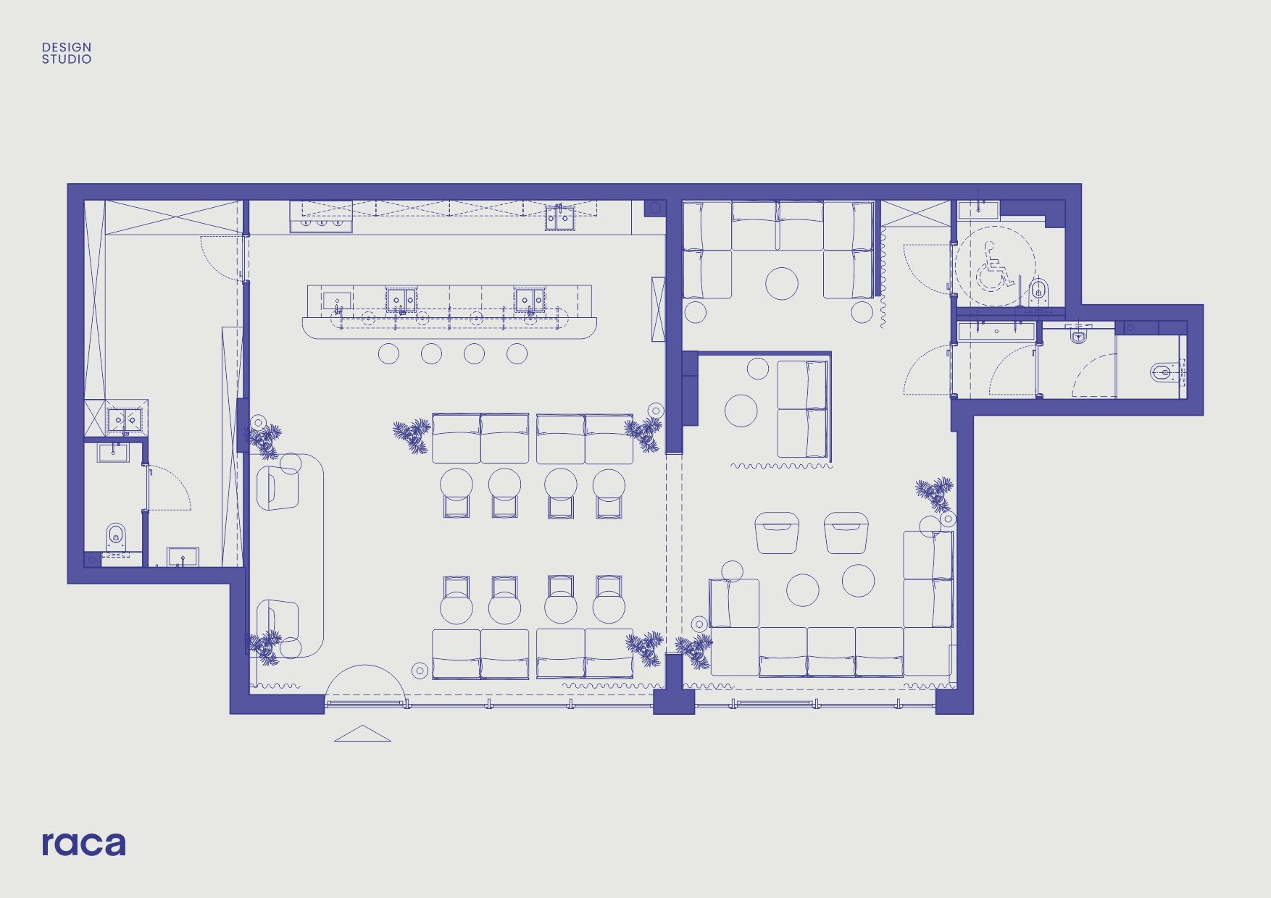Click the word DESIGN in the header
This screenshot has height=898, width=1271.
67,47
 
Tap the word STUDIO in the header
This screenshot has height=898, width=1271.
67,59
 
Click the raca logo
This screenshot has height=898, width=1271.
83,844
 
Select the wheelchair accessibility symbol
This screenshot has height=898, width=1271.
994,266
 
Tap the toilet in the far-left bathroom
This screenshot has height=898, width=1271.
116,537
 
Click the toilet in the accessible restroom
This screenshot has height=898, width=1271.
1039,290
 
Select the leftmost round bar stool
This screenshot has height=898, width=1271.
389,353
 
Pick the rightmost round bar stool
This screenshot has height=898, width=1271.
517,353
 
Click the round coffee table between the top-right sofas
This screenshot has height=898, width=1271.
782,283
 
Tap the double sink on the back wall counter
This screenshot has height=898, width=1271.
559,217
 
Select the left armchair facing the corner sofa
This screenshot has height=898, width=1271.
777,533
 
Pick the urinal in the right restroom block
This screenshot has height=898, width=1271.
1078,335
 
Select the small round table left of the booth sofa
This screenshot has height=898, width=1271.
741,411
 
